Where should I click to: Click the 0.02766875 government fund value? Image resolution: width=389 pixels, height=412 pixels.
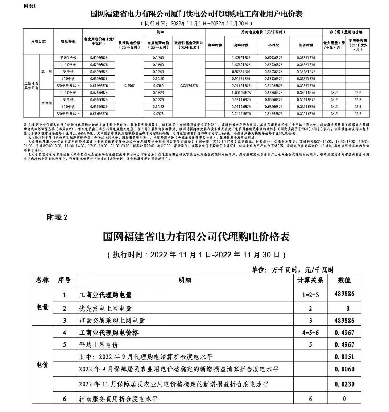[189, 86]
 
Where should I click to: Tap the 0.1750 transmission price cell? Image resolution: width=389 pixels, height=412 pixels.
[158, 58]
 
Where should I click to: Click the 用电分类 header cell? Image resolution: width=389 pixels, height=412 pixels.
[38, 41]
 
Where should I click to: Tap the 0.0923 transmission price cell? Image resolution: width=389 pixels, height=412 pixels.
[158, 114]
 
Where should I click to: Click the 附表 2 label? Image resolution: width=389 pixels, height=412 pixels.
[57, 217]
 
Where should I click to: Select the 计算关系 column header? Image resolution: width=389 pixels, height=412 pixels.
[310, 280]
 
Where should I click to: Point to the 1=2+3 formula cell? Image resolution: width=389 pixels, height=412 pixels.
[310, 295]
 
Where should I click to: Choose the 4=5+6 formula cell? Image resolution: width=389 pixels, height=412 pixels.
[310, 333]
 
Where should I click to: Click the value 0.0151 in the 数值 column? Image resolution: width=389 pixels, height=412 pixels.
[344, 357]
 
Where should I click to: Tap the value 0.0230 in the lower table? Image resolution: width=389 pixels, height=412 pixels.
[344, 384]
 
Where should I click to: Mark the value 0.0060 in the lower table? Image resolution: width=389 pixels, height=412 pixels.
[344, 370]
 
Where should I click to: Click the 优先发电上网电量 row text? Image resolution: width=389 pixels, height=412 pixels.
[105, 309]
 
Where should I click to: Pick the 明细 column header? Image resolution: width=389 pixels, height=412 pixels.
[185, 280]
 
